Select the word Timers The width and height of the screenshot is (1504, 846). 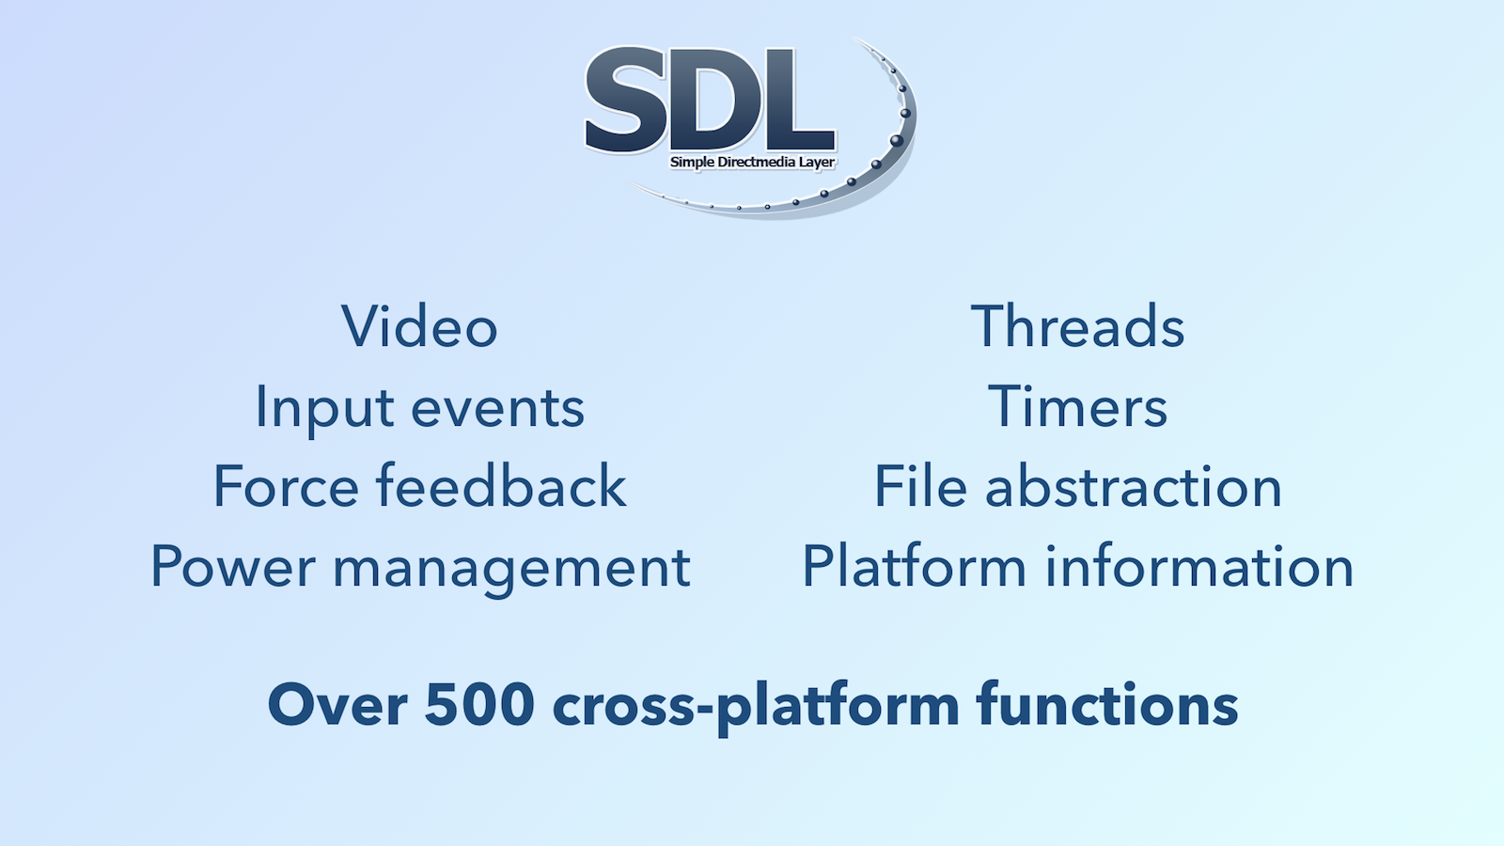click(1077, 407)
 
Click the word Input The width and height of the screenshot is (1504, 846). click(325, 410)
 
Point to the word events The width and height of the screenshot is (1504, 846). click(497, 409)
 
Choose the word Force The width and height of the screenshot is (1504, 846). click(287, 486)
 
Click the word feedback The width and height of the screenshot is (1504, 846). click(501, 485)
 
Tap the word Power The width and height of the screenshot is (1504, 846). click(233, 566)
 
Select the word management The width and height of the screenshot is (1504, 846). click(511, 570)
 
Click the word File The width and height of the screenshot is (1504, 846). click(920, 485)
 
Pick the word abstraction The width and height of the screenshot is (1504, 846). click(1134, 486)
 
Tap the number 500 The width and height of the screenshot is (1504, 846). click(479, 705)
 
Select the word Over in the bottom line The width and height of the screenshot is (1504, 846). click(337, 705)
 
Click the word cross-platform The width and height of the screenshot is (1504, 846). click(756, 709)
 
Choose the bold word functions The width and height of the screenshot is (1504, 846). click(1108, 704)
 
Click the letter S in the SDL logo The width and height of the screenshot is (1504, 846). click(626, 100)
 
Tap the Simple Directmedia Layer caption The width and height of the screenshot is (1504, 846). click(752, 162)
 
